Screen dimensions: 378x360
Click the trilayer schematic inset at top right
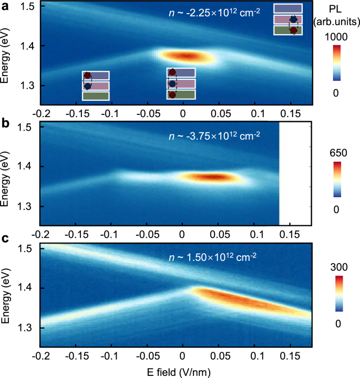coord(288,19)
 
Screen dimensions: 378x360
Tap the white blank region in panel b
coord(295,173)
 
